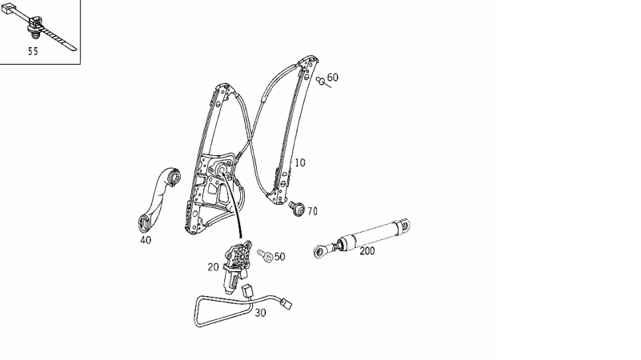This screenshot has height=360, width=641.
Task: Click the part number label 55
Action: click(x=33, y=51)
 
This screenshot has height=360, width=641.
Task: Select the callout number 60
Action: click(x=333, y=78)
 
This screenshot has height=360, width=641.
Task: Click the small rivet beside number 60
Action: click(x=321, y=81)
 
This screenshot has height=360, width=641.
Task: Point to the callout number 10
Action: click(x=299, y=162)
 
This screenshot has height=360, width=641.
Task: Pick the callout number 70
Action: click(x=312, y=211)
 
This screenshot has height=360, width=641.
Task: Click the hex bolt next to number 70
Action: click(x=296, y=208)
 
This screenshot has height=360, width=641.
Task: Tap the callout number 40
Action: click(x=146, y=240)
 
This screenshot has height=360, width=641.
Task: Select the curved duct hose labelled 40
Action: click(x=158, y=198)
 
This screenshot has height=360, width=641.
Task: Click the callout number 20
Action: click(x=214, y=267)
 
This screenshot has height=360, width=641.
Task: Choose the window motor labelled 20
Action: click(x=236, y=266)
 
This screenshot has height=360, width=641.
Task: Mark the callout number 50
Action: click(x=279, y=257)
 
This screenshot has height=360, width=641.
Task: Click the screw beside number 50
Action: click(x=266, y=256)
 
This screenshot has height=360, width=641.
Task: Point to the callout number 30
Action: click(x=260, y=313)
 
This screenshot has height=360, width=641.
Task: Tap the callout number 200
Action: click(x=367, y=251)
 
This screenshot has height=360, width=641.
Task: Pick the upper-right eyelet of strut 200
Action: click(x=404, y=225)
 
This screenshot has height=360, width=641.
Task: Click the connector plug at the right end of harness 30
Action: click(x=286, y=305)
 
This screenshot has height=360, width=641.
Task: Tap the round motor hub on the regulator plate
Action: click(x=222, y=170)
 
